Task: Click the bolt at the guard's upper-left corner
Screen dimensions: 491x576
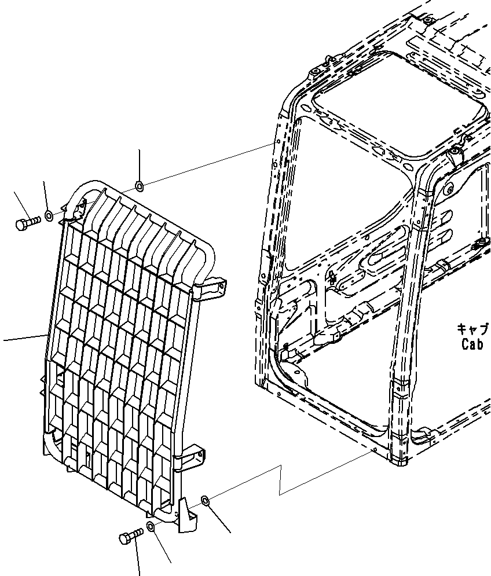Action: tap(25, 222)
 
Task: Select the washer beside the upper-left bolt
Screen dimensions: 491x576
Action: tap(49, 216)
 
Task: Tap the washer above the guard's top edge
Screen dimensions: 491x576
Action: tap(140, 185)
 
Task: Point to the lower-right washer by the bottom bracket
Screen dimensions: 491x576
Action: tap(205, 500)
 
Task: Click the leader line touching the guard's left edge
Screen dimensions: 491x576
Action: tap(23, 338)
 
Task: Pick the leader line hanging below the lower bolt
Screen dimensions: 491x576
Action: tap(138, 559)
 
